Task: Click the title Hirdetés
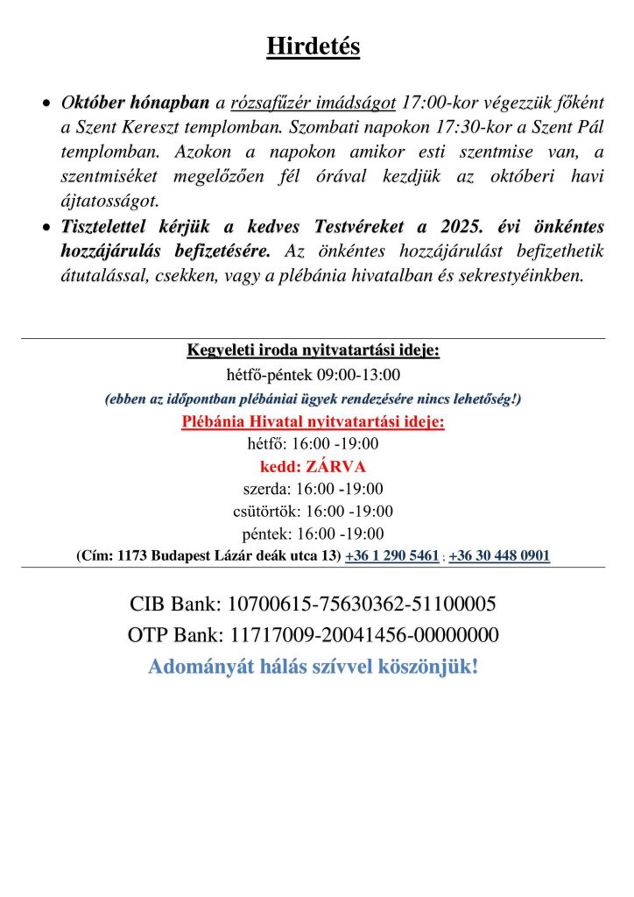pyautogui.click(x=313, y=46)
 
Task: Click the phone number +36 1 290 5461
pyautogui.click(x=392, y=556)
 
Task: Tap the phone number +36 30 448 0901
pyautogui.click(x=499, y=556)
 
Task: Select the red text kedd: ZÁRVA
pyautogui.click(x=313, y=466)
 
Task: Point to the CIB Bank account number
pyautogui.click(x=362, y=604)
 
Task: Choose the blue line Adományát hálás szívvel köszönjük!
pyautogui.click(x=313, y=667)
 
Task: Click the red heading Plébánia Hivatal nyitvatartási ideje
pyautogui.click(x=313, y=422)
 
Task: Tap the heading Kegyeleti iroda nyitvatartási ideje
pyautogui.click(x=313, y=351)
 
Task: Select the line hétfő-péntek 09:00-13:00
pyautogui.click(x=313, y=376)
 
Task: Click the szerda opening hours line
pyautogui.click(x=313, y=489)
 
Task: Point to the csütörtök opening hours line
pyautogui.click(x=313, y=512)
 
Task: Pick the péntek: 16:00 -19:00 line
pyautogui.click(x=313, y=533)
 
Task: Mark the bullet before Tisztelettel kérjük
pyautogui.click(x=47, y=228)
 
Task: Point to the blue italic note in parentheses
pyautogui.click(x=313, y=399)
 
